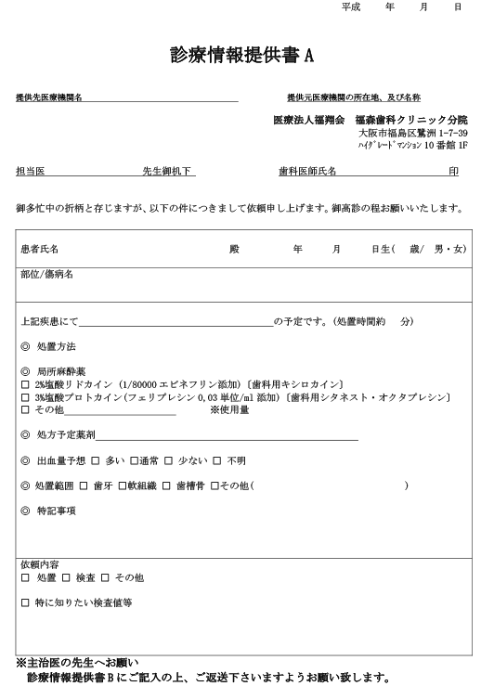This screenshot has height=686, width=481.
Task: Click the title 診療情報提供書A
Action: pyautogui.click(x=241, y=56)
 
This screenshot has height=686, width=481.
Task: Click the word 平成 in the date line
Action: pyautogui.click(x=350, y=6)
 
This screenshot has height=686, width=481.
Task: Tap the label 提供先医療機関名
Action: pyautogui.click(x=49, y=97)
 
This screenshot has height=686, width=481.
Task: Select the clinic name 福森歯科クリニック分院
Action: pyautogui.click(x=410, y=121)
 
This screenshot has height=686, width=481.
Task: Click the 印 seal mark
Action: pyautogui.click(x=453, y=172)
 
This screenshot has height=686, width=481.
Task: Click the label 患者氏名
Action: pyautogui.click(x=40, y=250)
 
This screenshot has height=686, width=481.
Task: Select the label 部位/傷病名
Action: pyautogui.click(x=46, y=276)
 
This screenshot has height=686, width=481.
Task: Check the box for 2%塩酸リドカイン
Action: pyautogui.click(x=24, y=384)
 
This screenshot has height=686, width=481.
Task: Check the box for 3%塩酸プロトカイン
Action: pyautogui.click(x=24, y=397)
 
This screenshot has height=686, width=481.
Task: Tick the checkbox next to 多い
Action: pyautogui.click(x=95, y=460)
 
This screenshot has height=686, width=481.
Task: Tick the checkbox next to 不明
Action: pyautogui.click(x=217, y=460)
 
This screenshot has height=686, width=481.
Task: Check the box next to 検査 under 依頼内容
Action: pyautogui.click(x=66, y=577)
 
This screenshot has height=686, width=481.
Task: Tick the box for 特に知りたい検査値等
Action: pyautogui.click(x=24, y=603)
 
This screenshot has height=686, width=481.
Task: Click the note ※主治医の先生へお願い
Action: pyautogui.click(x=82, y=663)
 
